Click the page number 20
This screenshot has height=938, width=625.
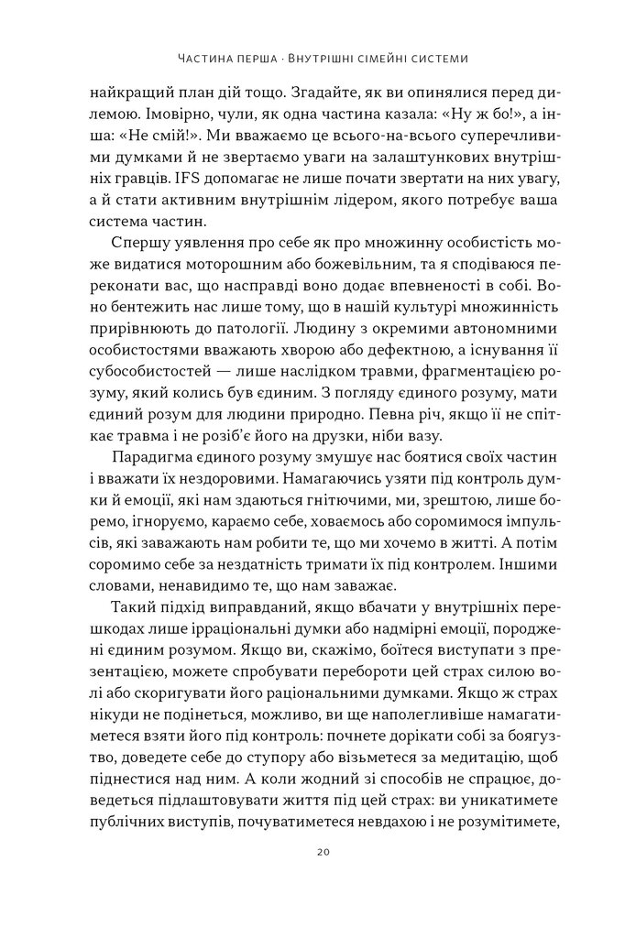[x=312, y=852]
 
